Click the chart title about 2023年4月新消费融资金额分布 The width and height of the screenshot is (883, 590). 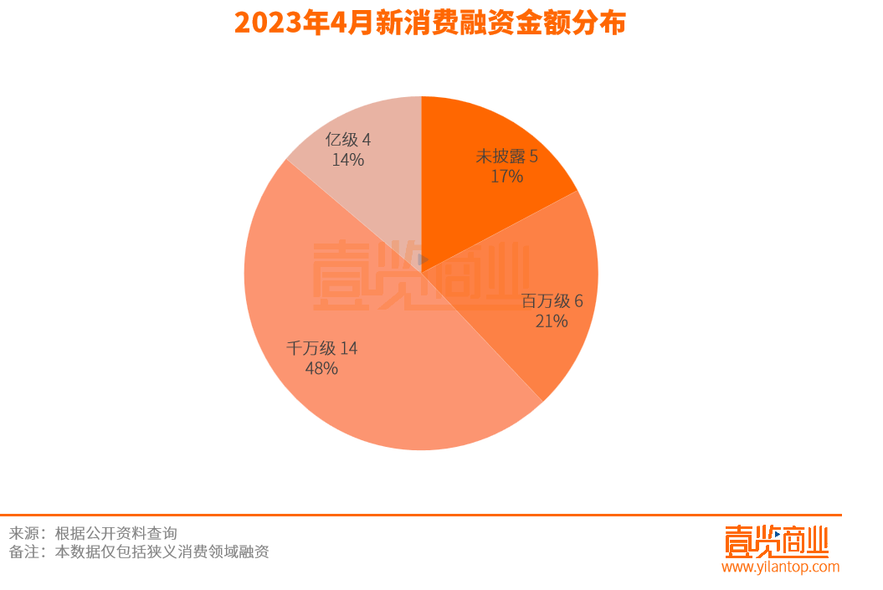[429, 23]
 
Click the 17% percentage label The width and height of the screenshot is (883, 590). [507, 177]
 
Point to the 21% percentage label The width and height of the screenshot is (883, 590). [552, 321]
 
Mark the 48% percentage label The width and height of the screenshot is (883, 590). [322, 368]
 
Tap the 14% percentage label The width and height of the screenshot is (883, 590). [347, 160]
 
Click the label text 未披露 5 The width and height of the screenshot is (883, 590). [507, 156]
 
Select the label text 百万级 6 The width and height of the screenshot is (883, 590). [552, 301]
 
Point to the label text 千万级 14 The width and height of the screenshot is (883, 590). [322, 348]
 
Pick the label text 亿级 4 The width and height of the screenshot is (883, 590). [347, 140]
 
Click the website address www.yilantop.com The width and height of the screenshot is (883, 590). [780, 567]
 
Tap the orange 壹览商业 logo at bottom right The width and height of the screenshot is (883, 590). [776, 541]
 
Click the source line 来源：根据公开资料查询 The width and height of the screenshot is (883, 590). [93, 533]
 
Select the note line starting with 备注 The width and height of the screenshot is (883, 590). [139, 552]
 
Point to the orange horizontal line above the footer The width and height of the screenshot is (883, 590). [418, 516]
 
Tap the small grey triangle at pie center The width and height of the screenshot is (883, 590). [423, 259]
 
